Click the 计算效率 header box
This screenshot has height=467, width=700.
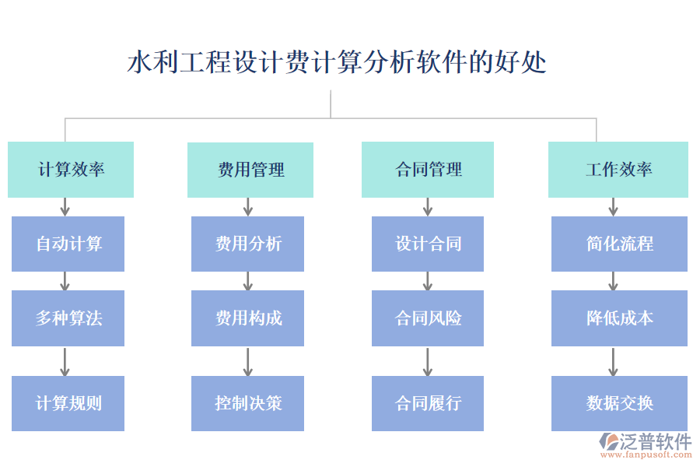[x=71, y=169]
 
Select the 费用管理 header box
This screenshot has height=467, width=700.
[x=250, y=169]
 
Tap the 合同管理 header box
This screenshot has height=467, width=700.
[x=428, y=169]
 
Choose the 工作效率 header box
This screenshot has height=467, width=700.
[x=618, y=169]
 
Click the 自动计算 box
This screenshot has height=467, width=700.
[x=68, y=244]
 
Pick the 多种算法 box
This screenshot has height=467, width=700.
[x=68, y=318]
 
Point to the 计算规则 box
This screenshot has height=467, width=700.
[x=68, y=403]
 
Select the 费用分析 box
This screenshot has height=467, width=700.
[x=248, y=244]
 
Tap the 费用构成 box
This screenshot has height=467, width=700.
[x=248, y=318]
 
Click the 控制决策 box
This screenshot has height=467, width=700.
[x=248, y=403]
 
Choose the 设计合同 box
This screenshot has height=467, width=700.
[x=428, y=244]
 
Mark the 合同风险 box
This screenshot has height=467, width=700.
[x=428, y=318]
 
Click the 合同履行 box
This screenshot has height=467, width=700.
[x=428, y=403]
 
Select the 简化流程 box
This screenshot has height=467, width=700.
[x=620, y=244]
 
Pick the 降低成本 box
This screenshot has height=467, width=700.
[x=620, y=318]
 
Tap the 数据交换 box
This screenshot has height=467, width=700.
[x=620, y=403]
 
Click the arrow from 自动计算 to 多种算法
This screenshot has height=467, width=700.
[x=65, y=281]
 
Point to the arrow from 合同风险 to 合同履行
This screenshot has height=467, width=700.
[x=427, y=361]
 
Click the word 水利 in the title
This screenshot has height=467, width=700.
[x=152, y=62]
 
